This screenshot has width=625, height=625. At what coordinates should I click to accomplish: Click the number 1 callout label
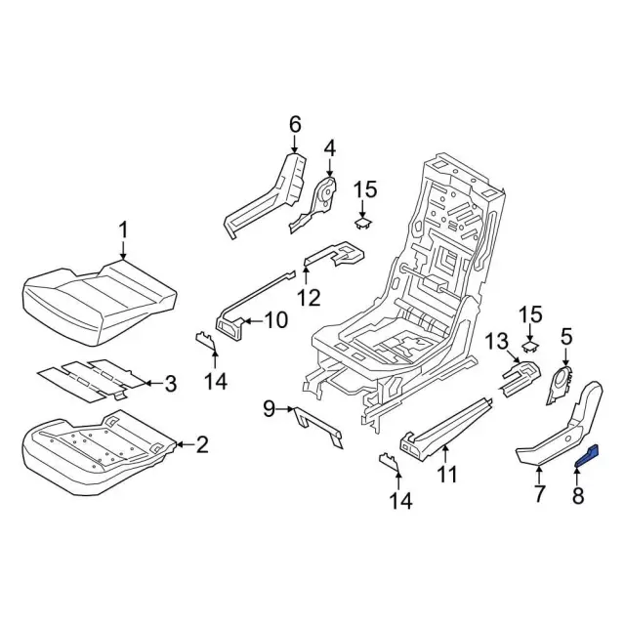tap(123, 229)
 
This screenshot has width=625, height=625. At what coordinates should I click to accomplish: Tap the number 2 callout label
tap(201, 446)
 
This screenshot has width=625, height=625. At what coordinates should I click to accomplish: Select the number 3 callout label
tap(170, 384)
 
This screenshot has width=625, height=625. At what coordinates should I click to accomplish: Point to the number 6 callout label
tap(295, 124)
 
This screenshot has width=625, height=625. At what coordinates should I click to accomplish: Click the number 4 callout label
tap(329, 147)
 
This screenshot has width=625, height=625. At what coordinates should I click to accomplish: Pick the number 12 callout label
tap(309, 297)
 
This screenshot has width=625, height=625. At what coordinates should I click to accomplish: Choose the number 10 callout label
tap(250, 319)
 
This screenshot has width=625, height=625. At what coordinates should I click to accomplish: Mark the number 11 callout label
tap(446, 477)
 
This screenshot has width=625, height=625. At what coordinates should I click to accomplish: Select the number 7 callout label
tap(539, 494)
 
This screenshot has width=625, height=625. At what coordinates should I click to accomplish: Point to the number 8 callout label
tap(577, 496)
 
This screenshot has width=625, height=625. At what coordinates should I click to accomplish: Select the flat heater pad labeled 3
tap(88, 378)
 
